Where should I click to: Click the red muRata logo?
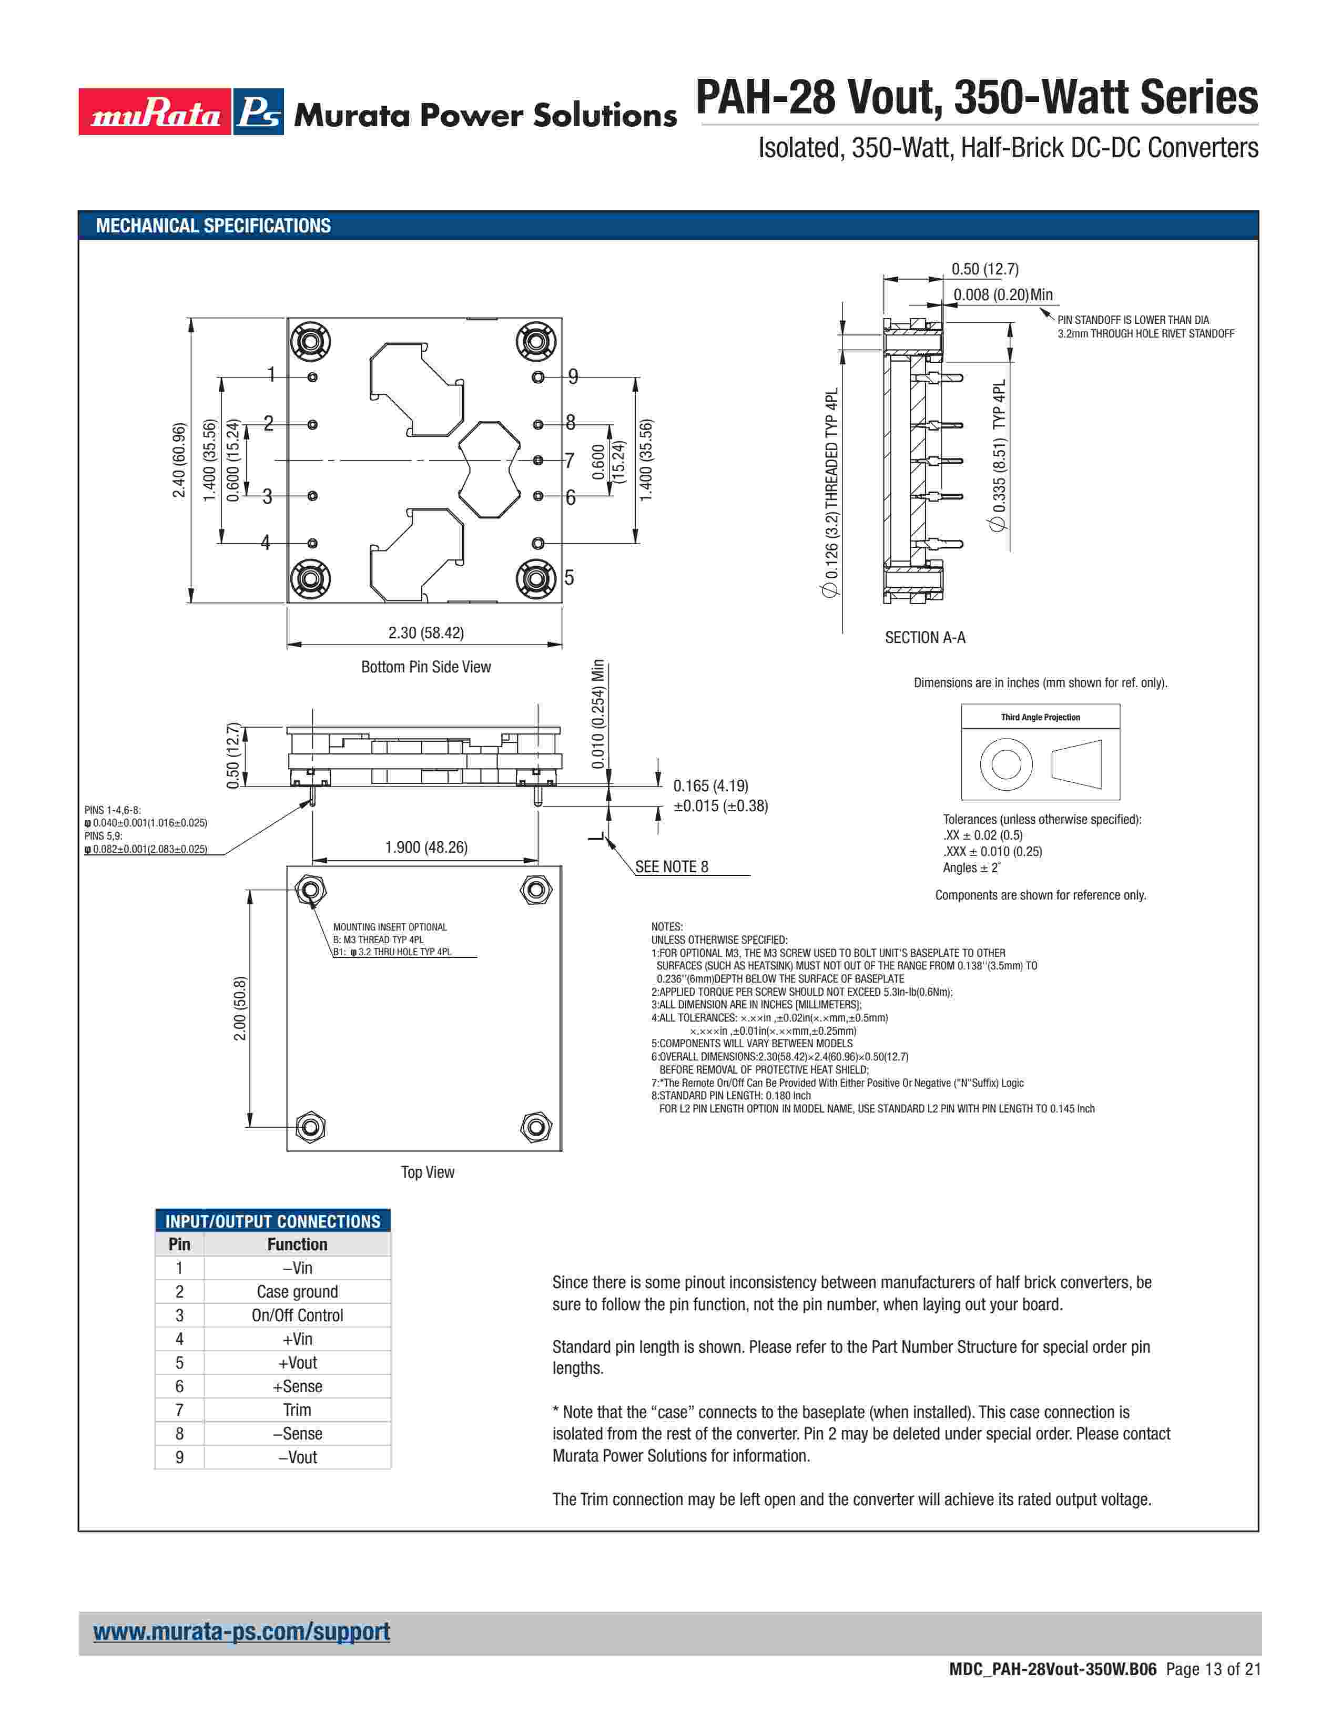(155, 112)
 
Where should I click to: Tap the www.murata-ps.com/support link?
(241, 1632)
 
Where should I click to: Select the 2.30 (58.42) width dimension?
(426, 632)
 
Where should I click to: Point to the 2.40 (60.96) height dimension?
(179, 461)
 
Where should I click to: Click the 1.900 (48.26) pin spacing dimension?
(426, 847)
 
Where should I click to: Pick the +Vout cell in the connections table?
(297, 1362)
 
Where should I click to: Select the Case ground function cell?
(297, 1292)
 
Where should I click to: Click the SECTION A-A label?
(925, 637)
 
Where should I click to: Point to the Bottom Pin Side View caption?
(426, 667)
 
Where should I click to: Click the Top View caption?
(428, 1172)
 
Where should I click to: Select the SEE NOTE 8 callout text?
(672, 866)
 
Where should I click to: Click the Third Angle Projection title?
(1040, 717)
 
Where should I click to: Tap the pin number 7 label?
(569, 460)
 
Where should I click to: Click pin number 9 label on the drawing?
(573, 376)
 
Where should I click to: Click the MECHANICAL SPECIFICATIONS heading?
(213, 226)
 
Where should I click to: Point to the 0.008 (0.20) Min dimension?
(1002, 295)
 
